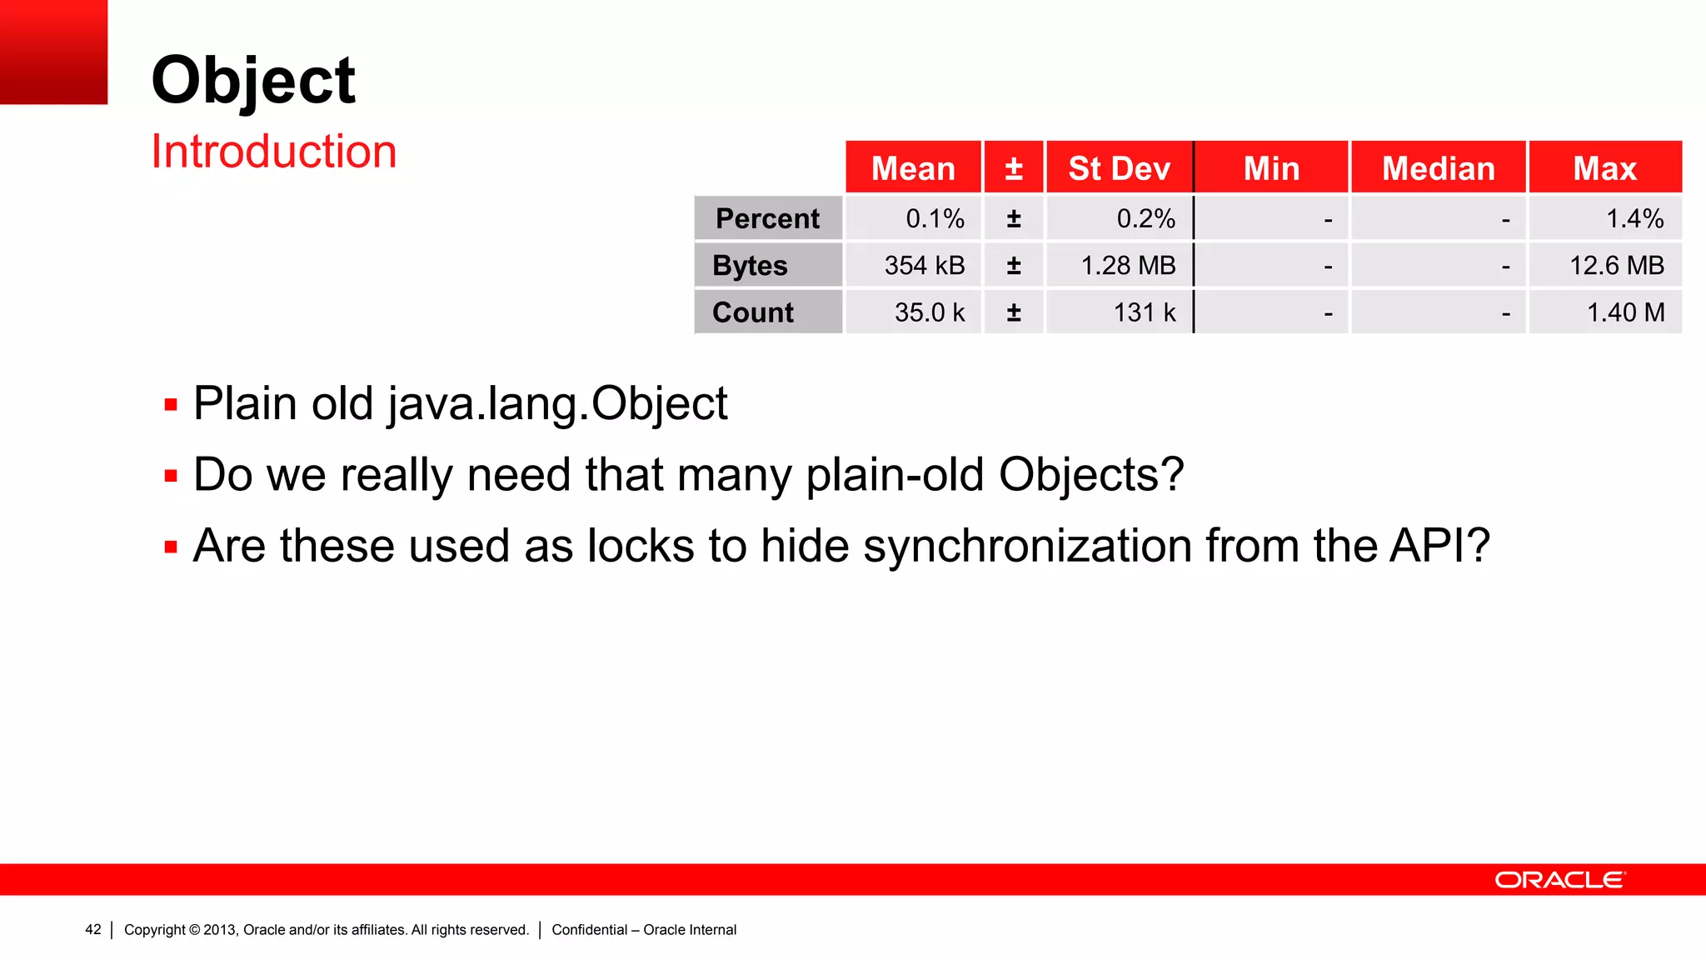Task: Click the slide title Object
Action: click(253, 81)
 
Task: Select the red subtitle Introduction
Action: click(273, 152)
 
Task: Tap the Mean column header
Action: click(913, 168)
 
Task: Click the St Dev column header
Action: click(1119, 168)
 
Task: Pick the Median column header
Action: click(1438, 168)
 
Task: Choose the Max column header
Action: click(1604, 168)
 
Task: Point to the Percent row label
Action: click(767, 218)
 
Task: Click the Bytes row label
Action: click(750, 266)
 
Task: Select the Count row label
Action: click(753, 312)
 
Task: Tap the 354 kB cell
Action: click(924, 266)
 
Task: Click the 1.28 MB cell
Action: click(1127, 266)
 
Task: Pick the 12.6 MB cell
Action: click(1616, 266)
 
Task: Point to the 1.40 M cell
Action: click(1625, 312)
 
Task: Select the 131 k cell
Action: click(1144, 312)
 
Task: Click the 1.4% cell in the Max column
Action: click(1634, 218)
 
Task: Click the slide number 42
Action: click(93, 930)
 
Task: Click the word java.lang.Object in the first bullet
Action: click(557, 405)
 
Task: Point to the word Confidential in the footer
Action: click(589, 930)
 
